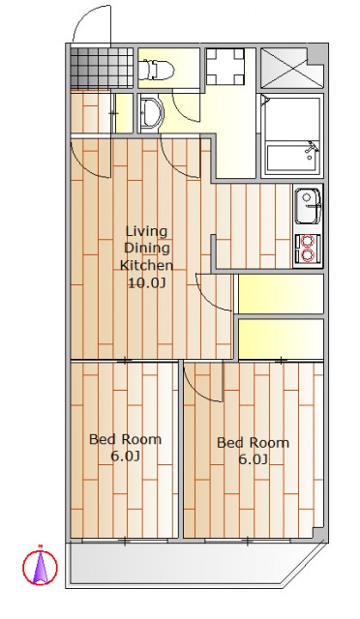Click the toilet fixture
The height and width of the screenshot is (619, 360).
pyautogui.click(x=158, y=69)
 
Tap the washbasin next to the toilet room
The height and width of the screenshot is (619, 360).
pyautogui.click(x=152, y=113)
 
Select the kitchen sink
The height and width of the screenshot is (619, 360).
pyautogui.click(x=309, y=206)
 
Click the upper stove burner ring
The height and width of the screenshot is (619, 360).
pyautogui.click(x=308, y=241)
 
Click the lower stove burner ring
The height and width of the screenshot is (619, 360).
pyautogui.click(x=308, y=255)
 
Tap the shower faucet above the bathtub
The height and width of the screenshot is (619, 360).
pyautogui.click(x=312, y=149)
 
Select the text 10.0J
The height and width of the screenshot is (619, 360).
pyautogui.click(x=146, y=282)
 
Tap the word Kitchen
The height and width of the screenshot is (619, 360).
pyautogui.click(x=146, y=265)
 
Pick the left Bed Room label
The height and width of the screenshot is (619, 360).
pyautogui.click(x=125, y=447)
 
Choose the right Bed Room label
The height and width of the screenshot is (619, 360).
pyautogui.click(x=253, y=451)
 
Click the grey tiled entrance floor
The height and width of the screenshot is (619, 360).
pyautogui.click(x=102, y=68)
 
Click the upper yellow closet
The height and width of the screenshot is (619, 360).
pyautogui.click(x=281, y=294)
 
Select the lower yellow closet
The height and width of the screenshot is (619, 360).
pyautogui.click(x=281, y=339)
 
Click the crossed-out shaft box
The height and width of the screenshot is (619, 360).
pyautogui.click(x=284, y=68)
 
